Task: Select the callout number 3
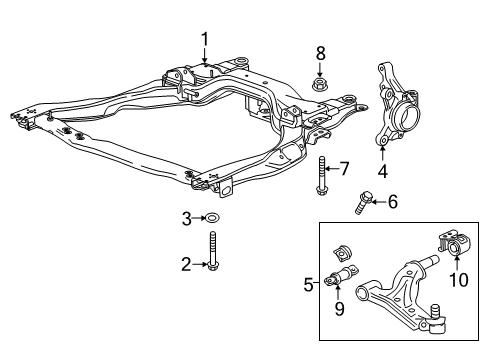[185, 218]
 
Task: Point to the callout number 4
[383, 155]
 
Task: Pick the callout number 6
[392, 203]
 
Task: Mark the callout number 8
[320, 52]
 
